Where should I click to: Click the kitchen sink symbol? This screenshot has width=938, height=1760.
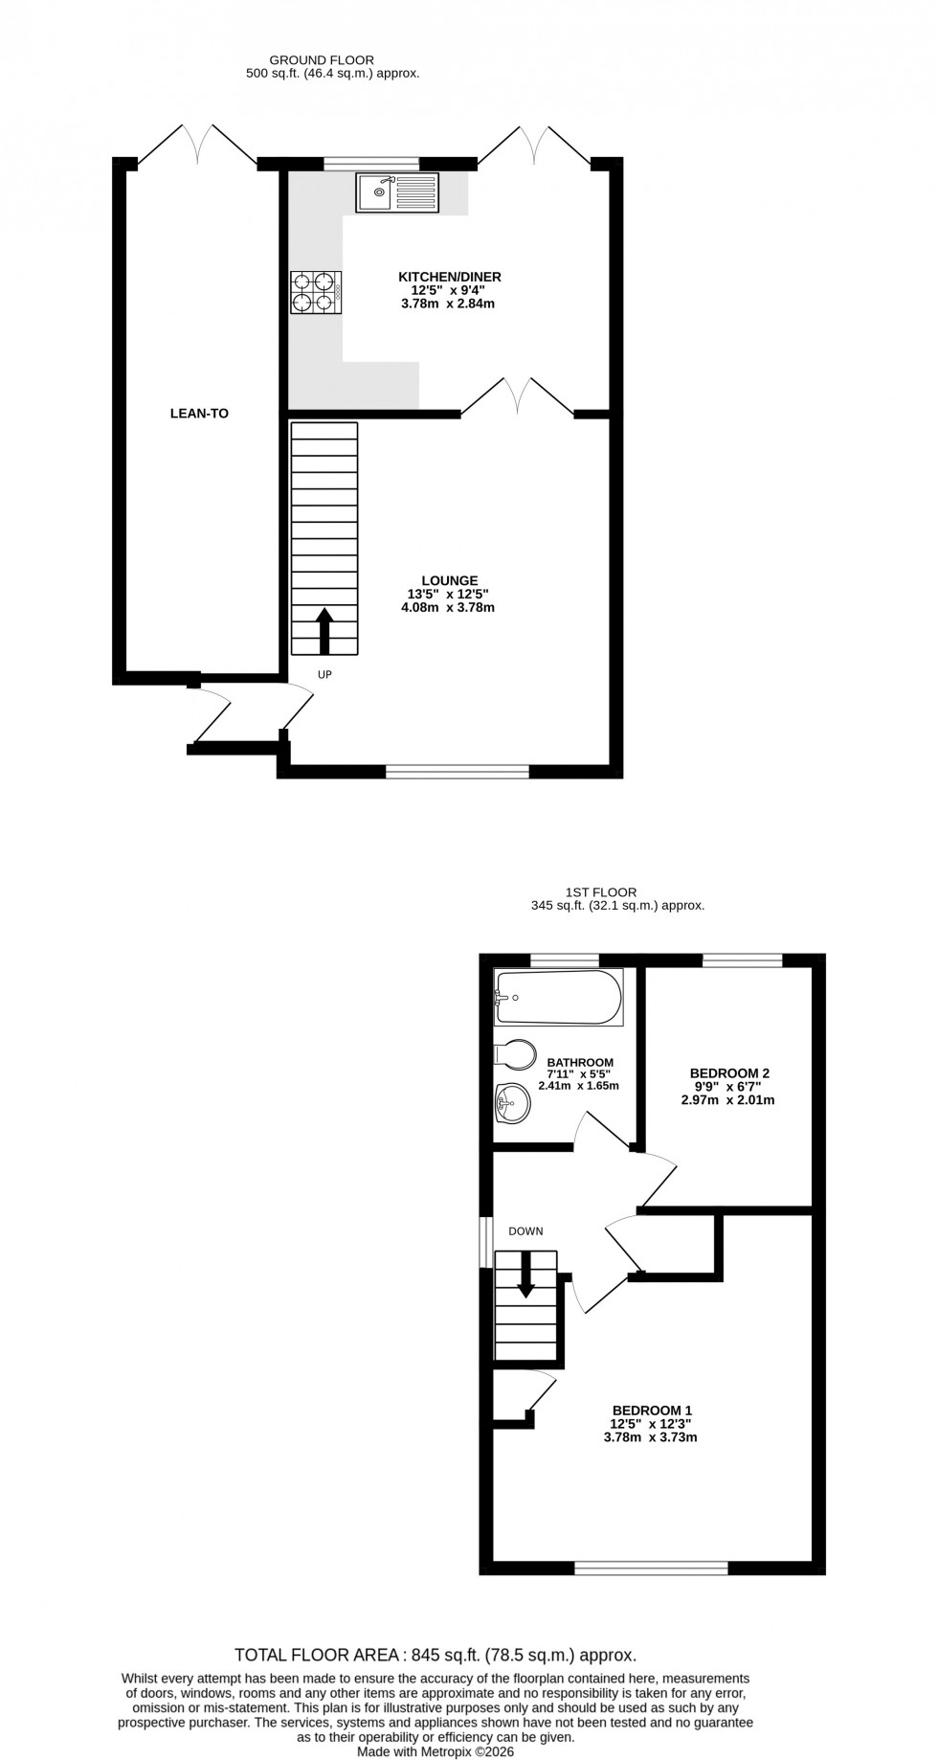(x=397, y=192)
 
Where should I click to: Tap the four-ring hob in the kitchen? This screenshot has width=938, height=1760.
(x=316, y=292)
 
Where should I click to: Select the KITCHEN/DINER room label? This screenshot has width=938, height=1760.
(x=449, y=277)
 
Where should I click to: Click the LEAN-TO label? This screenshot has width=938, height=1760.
(x=199, y=414)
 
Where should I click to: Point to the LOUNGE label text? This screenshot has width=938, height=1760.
(x=449, y=580)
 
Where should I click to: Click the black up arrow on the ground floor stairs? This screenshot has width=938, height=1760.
(x=324, y=629)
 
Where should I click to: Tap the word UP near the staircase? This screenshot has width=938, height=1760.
(x=324, y=674)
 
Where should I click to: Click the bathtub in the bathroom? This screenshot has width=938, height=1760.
(x=558, y=997)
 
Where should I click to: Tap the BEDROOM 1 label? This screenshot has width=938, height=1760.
(x=652, y=1410)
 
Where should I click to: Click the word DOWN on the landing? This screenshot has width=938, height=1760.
(x=525, y=1231)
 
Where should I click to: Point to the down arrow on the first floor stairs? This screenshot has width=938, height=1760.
(x=525, y=1276)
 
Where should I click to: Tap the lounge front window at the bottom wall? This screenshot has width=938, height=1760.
(x=458, y=771)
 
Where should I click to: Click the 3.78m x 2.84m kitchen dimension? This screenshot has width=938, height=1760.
(x=449, y=304)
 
